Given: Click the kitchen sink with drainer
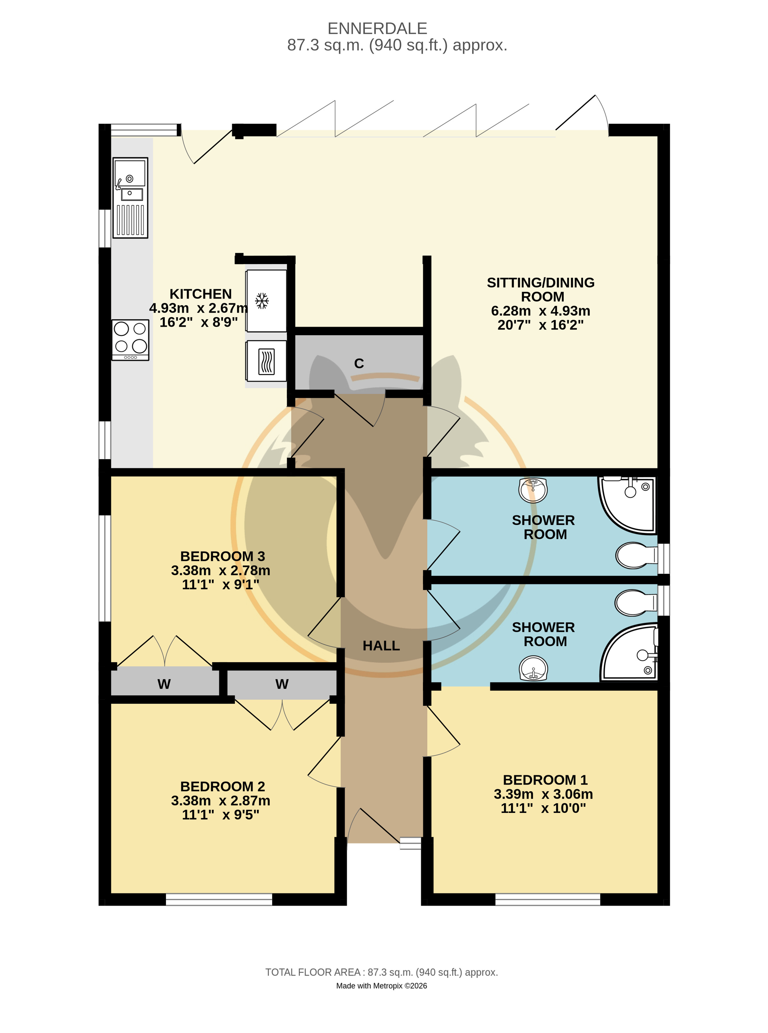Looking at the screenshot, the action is [x=130, y=198].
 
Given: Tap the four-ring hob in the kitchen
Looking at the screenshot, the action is [x=130, y=340].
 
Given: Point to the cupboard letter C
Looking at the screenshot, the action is [x=359, y=363].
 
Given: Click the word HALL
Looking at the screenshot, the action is [x=381, y=646].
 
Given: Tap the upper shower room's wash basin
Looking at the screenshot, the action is [x=533, y=490].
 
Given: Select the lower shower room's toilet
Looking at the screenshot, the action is [x=636, y=603].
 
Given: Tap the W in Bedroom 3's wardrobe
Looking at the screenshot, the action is [x=164, y=683].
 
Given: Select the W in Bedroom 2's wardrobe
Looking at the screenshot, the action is [x=282, y=683].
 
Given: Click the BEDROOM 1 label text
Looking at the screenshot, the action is [x=545, y=780].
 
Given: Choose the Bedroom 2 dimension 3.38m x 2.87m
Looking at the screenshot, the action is [x=220, y=800].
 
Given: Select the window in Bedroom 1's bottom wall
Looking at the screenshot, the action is [x=548, y=900].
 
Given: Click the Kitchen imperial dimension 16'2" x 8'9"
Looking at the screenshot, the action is [x=199, y=322].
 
